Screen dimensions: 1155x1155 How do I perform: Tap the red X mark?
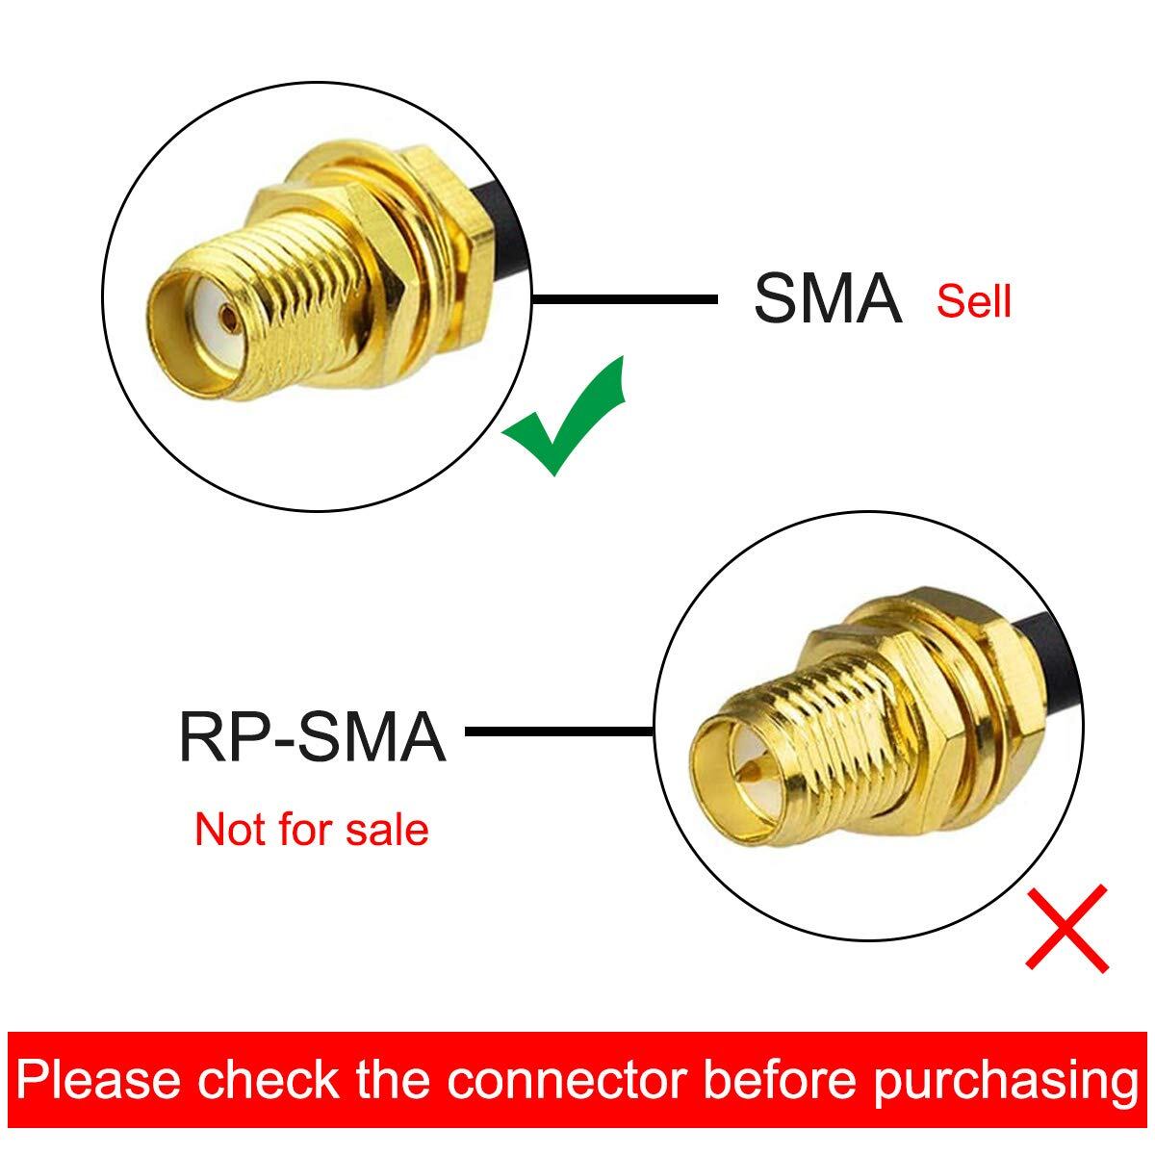1066,928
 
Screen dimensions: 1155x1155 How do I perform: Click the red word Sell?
974,301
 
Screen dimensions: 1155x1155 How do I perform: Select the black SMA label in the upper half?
827,299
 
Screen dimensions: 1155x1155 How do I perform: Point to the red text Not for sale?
311,829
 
